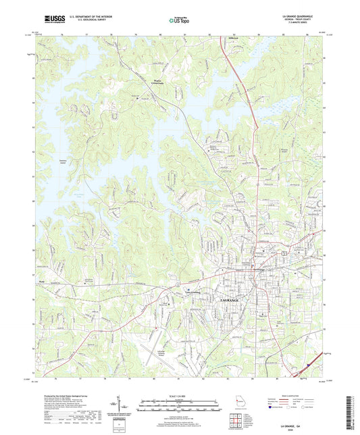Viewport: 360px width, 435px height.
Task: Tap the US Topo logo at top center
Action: click(178, 20)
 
